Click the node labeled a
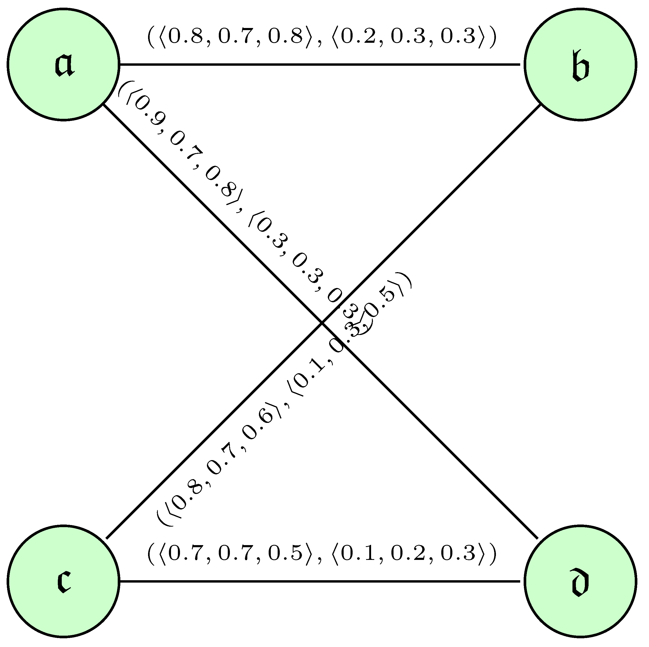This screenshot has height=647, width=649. [64, 64]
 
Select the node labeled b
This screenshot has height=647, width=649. [580, 64]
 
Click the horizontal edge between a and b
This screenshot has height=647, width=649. [319, 64]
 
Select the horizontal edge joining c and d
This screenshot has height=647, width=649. [319, 581]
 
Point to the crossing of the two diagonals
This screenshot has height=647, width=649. [322, 323]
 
